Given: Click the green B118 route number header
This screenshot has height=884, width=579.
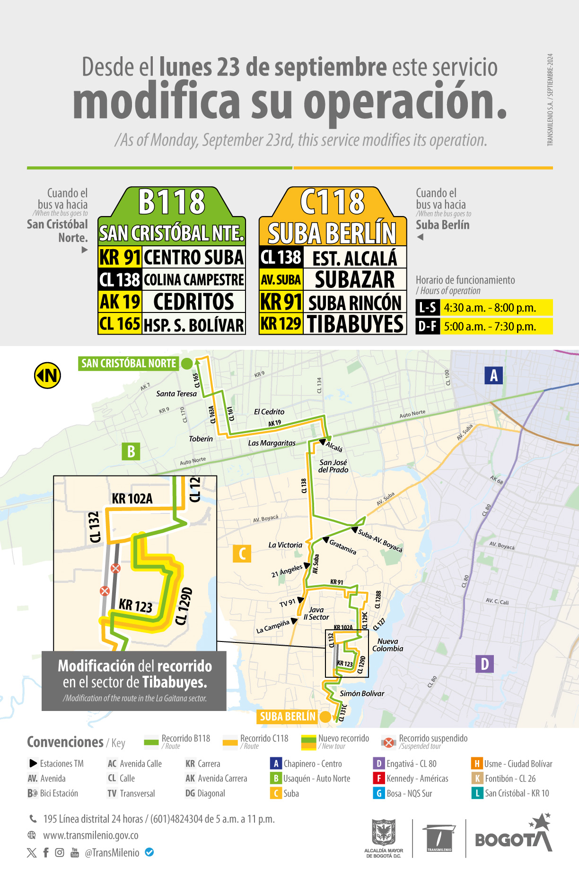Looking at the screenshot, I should pyautogui.click(x=172, y=202).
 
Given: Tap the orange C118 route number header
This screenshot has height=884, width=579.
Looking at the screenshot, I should pyautogui.click(x=333, y=202).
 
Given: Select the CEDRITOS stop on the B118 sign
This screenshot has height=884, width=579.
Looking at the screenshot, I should pyautogui.click(x=193, y=302).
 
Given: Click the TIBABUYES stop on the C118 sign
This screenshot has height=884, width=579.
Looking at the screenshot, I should pyautogui.click(x=355, y=324).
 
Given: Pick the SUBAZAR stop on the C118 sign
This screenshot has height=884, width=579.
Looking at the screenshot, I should pyautogui.click(x=355, y=279).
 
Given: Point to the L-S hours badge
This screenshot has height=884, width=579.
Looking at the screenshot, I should pyautogui.click(x=428, y=308).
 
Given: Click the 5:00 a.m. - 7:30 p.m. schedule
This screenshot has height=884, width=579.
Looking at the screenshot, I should pyautogui.click(x=490, y=327).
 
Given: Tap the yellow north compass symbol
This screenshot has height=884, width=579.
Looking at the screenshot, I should pyautogui.click(x=47, y=375).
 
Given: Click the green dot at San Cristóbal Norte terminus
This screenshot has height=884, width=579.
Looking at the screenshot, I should pyautogui.click(x=187, y=364).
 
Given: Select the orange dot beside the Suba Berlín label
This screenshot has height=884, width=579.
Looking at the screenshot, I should pyautogui.click(x=325, y=717).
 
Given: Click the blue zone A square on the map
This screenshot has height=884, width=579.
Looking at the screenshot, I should pyautogui.click(x=493, y=375).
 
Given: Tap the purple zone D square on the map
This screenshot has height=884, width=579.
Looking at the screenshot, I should pyautogui.click(x=484, y=664).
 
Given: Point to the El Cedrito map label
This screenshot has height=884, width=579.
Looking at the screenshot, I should pyautogui.click(x=269, y=412).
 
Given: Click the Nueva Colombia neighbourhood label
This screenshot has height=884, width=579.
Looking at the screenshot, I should pyautogui.click(x=388, y=645).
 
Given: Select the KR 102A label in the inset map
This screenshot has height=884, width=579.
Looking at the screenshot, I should pyautogui.click(x=132, y=499).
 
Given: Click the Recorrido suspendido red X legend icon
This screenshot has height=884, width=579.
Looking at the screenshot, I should pyautogui.click(x=388, y=742).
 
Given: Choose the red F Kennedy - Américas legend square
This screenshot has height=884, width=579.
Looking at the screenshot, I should pyautogui.click(x=378, y=778).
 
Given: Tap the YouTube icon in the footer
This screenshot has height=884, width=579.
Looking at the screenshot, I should pyautogui.click(x=75, y=852).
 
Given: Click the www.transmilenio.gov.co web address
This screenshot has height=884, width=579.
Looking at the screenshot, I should pyautogui.click(x=91, y=835).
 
